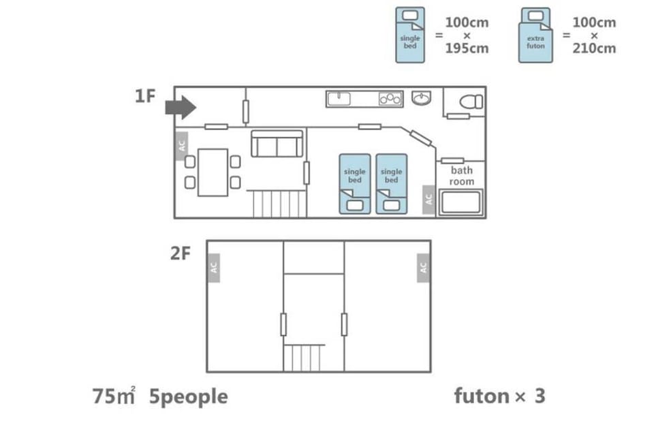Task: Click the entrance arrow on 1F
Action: tap(181, 107)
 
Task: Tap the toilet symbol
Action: tap(471, 102)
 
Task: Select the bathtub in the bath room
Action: tap(461, 202)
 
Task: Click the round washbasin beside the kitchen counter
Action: tap(421, 98)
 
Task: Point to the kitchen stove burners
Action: tap(390, 99)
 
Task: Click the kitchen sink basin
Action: tap(339, 99)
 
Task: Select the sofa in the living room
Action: tap(277, 144)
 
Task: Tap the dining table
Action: tap(213, 172)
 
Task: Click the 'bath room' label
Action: tap(462, 176)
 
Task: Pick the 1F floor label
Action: tap(145, 96)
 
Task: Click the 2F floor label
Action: tap(180, 253)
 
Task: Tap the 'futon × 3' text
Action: tap(499, 396)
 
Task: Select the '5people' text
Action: tap(189, 396)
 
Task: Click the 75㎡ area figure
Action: tap(114, 396)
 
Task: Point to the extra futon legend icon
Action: tap(535, 35)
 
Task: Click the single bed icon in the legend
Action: tap(410, 35)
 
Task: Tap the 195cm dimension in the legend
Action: tap(467, 48)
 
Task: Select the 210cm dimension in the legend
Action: tap(594, 48)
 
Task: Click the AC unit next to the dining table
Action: tap(181, 146)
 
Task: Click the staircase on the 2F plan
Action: tap(304, 358)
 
